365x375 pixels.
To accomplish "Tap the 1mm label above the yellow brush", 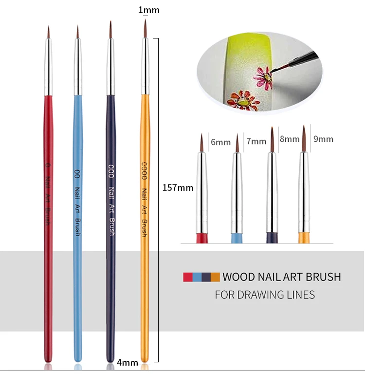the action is (x=148, y=10).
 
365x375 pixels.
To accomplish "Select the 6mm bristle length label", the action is (x=220, y=142).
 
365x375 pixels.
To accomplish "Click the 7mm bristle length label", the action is (x=256, y=141).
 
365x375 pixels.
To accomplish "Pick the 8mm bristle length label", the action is (x=290, y=139).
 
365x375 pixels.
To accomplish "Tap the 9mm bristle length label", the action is (x=323, y=139).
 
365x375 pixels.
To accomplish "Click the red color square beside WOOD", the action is (x=187, y=277).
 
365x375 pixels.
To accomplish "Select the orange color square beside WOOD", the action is (x=215, y=277).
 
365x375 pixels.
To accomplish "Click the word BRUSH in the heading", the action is (x=323, y=277).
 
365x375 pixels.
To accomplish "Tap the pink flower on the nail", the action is (x=263, y=78).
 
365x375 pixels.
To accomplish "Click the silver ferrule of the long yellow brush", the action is (x=145, y=66).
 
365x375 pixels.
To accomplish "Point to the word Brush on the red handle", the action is (x=47, y=217).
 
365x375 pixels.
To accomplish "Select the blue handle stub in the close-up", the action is (x=236, y=238).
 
